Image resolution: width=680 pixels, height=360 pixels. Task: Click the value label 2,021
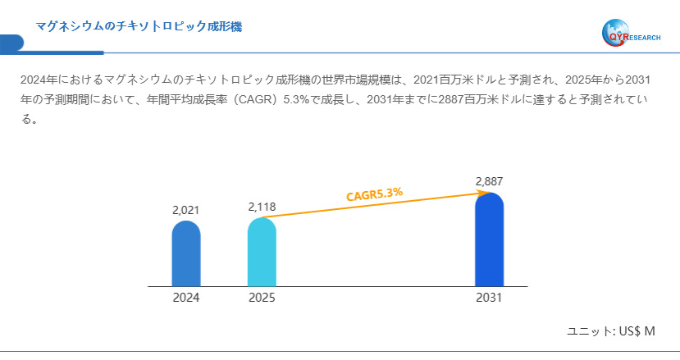185,211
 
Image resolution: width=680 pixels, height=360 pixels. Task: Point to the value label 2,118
262,207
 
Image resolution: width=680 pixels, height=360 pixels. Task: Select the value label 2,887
489,181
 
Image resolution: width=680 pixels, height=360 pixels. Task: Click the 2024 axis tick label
185,298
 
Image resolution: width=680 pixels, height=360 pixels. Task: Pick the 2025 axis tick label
262,298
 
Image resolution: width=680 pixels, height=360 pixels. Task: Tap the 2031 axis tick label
489,298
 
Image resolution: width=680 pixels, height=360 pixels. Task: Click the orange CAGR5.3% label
374,194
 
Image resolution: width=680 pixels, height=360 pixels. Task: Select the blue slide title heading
139,27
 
